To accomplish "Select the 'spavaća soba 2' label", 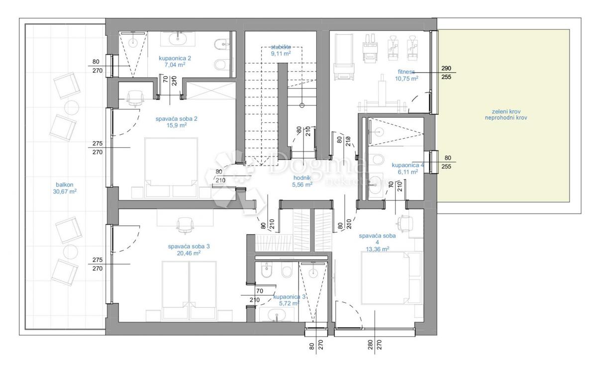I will tap(169, 122).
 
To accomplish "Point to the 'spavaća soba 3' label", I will tap(184, 249).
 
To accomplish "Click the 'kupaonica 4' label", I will tap(407, 168).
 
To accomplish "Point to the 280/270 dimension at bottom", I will tap(374, 346).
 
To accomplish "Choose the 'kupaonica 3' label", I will tap(289, 297).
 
